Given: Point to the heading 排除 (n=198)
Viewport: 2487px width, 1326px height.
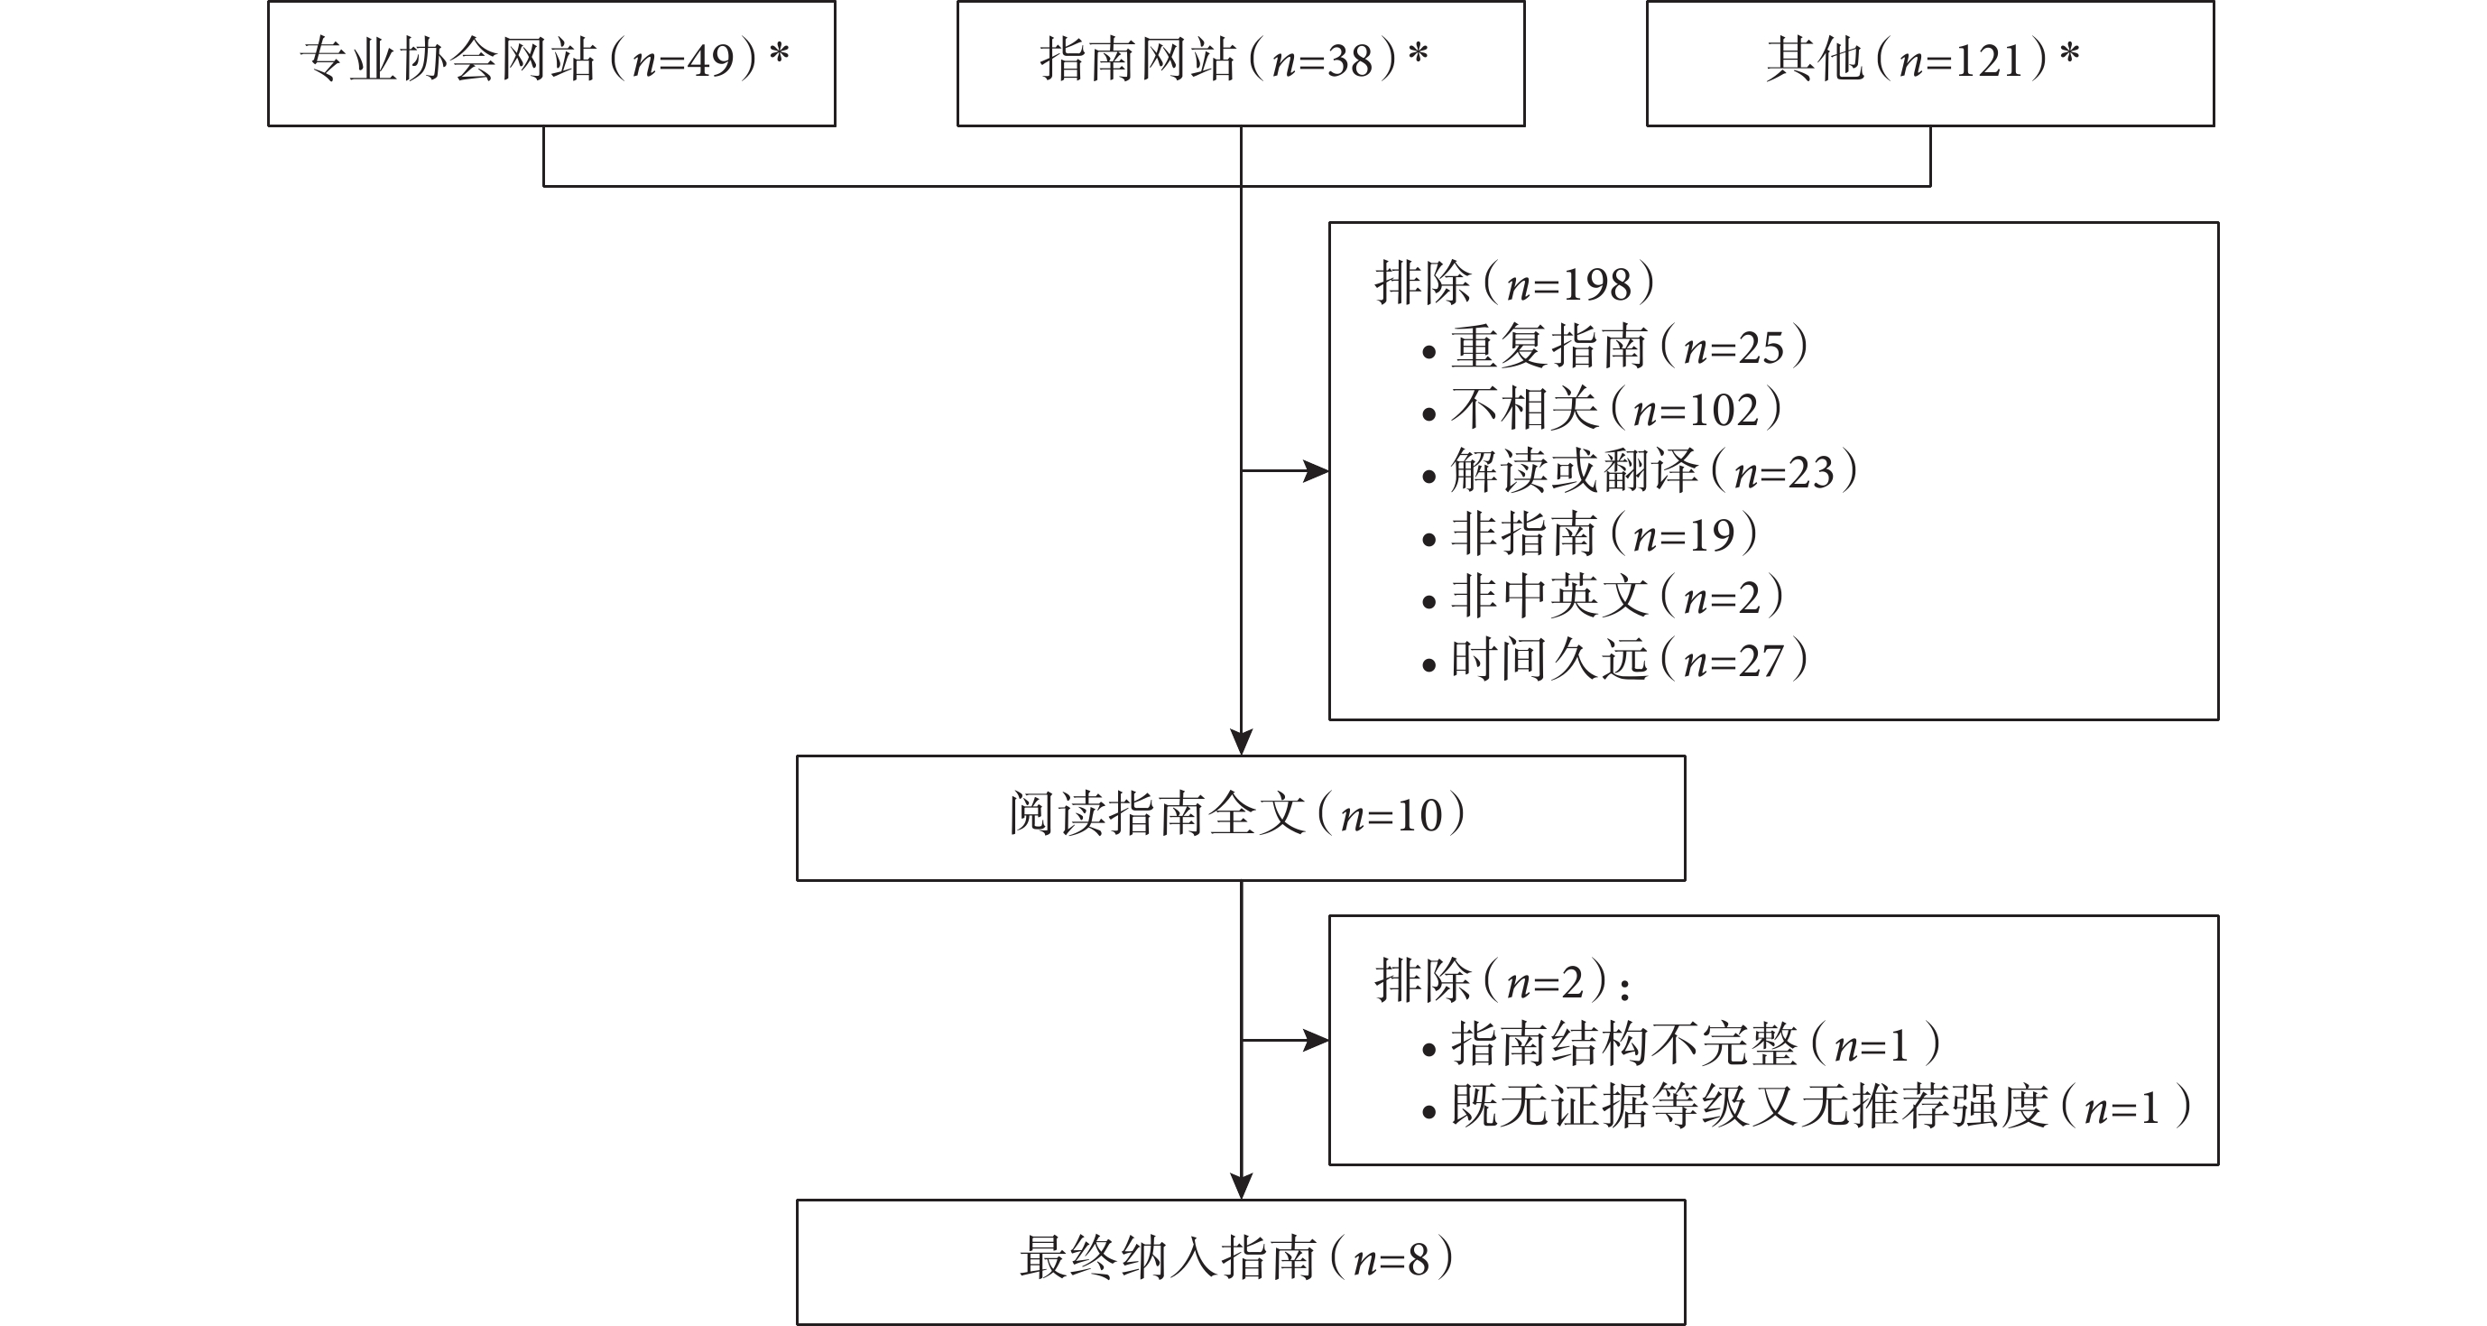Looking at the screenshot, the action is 1515,284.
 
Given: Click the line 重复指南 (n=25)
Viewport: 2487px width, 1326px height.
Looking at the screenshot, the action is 1615,347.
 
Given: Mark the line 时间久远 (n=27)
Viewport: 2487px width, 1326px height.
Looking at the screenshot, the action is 1615,661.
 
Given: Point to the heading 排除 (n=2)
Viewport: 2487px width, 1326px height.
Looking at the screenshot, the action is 1502,982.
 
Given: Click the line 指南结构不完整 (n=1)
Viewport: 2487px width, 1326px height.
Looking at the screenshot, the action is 1682,1045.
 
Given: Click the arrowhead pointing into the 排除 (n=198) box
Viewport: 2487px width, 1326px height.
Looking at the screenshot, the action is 1316,471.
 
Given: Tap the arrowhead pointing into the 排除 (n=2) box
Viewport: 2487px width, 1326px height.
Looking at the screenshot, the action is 1316,1040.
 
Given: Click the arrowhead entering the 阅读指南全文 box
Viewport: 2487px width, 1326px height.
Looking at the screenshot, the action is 1242,742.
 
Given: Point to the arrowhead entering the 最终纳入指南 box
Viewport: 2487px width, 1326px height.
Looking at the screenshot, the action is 1242,1186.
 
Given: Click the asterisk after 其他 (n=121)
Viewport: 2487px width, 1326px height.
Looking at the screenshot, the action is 2069,54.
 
